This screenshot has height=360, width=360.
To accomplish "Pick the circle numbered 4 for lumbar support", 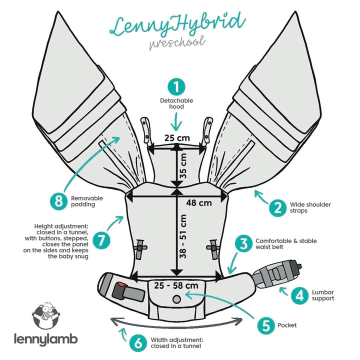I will (x=300, y=295).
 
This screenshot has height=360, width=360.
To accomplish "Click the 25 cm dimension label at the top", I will (x=176, y=137).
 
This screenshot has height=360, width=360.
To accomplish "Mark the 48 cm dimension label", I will (x=198, y=203).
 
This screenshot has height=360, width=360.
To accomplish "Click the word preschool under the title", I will (x=177, y=41).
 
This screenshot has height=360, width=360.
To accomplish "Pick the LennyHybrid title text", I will (x=177, y=24).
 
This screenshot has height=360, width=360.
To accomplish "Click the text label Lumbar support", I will (x=321, y=295).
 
